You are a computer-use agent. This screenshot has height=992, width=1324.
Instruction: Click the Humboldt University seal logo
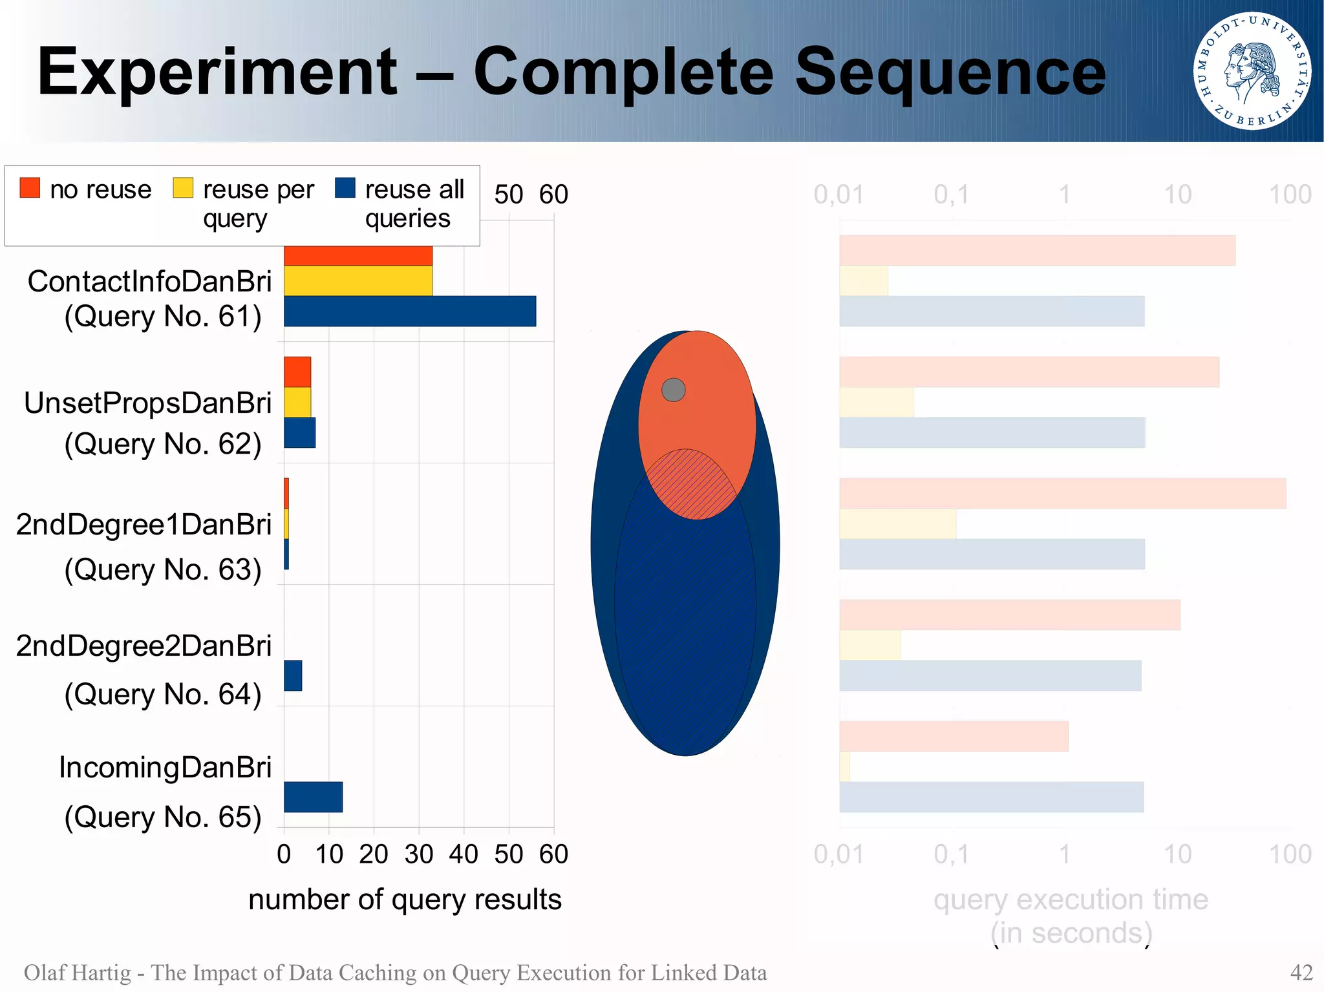click(x=1252, y=70)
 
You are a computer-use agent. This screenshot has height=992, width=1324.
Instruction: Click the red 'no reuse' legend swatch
click(x=30, y=187)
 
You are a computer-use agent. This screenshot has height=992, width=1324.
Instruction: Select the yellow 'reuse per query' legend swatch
click(x=183, y=187)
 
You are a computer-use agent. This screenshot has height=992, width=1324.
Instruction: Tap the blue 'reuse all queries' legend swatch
click(x=345, y=187)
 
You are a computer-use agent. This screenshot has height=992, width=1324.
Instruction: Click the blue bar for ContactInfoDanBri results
click(x=410, y=311)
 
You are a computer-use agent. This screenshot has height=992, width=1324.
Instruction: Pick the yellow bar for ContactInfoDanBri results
click(x=358, y=280)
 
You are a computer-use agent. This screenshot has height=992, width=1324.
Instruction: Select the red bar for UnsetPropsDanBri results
click(x=297, y=372)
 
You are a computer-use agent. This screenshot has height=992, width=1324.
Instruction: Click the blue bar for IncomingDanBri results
click(x=313, y=797)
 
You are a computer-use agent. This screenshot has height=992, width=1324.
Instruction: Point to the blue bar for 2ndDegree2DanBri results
click(x=293, y=675)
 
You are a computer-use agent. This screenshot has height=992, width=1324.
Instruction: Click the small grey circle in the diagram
click(x=673, y=390)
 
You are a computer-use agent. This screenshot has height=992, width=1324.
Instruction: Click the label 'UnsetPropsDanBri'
click(x=147, y=403)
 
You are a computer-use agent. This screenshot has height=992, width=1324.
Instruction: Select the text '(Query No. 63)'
click(x=163, y=569)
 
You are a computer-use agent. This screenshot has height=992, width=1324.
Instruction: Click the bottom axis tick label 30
click(x=418, y=854)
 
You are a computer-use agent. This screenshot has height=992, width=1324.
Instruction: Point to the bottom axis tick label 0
click(x=284, y=854)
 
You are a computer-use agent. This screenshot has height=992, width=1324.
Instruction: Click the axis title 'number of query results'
click(x=405, y=900)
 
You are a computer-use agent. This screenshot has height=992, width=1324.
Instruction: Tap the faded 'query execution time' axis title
click(x=1071, y=900)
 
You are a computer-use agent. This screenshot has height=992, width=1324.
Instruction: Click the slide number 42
click(x=1301, y=973)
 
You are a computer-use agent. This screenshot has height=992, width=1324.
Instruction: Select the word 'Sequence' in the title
click(x=950, y=72)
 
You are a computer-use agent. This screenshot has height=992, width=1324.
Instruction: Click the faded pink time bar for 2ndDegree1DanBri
click(x=1062, y=493)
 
